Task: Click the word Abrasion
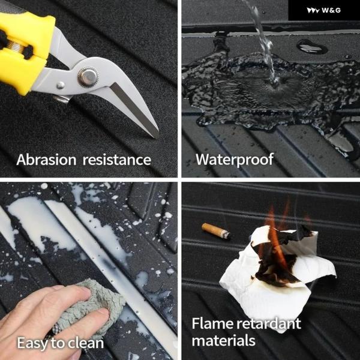pyautogui.click(x=46, y=160)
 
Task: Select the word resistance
pyautogui.click(x=116, y=160)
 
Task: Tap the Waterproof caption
pyautogui.click(x=235, y=160)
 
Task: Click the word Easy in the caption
pyautogui.click(x=32, y=343)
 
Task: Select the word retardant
pyautogui.click(x=269, y=323)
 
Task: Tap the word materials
pyautogui.click(x=224, y=340)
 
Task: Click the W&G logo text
pyautogui.click(x=331, y=10)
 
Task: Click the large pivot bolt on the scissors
pyautogui.click(x=88, y=77)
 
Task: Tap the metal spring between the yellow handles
pyautogui.click(x=15, y=46)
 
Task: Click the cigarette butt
pyautogui.click(x=216, y=231)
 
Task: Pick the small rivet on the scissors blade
pyautogui.click(x=61, y=85)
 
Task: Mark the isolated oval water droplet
pyautogui.click(x=312, y=46)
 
